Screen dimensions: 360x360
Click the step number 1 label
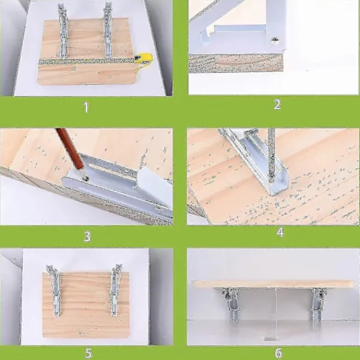(x=86, y=107)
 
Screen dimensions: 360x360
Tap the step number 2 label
(x=277, y=104)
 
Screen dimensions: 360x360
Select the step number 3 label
(x=87, y=236)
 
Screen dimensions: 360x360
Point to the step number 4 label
(x=280, y=233)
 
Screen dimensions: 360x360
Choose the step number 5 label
(x=89, y=353)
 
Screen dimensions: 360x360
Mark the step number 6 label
(x=278, y=353)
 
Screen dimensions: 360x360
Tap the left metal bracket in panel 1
(x=62, y=31)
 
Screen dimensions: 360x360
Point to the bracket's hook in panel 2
(x=205, y=37)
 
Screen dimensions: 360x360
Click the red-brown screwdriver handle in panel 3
(x=70, y=149)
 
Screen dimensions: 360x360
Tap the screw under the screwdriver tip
(x=86, y=178)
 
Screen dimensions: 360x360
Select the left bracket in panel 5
(x=55, y=290)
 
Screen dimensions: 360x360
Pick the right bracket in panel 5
(x=115, y=290)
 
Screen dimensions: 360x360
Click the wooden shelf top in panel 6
(x=273, y=284)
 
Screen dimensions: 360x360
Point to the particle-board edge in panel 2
(x=236, y=64)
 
